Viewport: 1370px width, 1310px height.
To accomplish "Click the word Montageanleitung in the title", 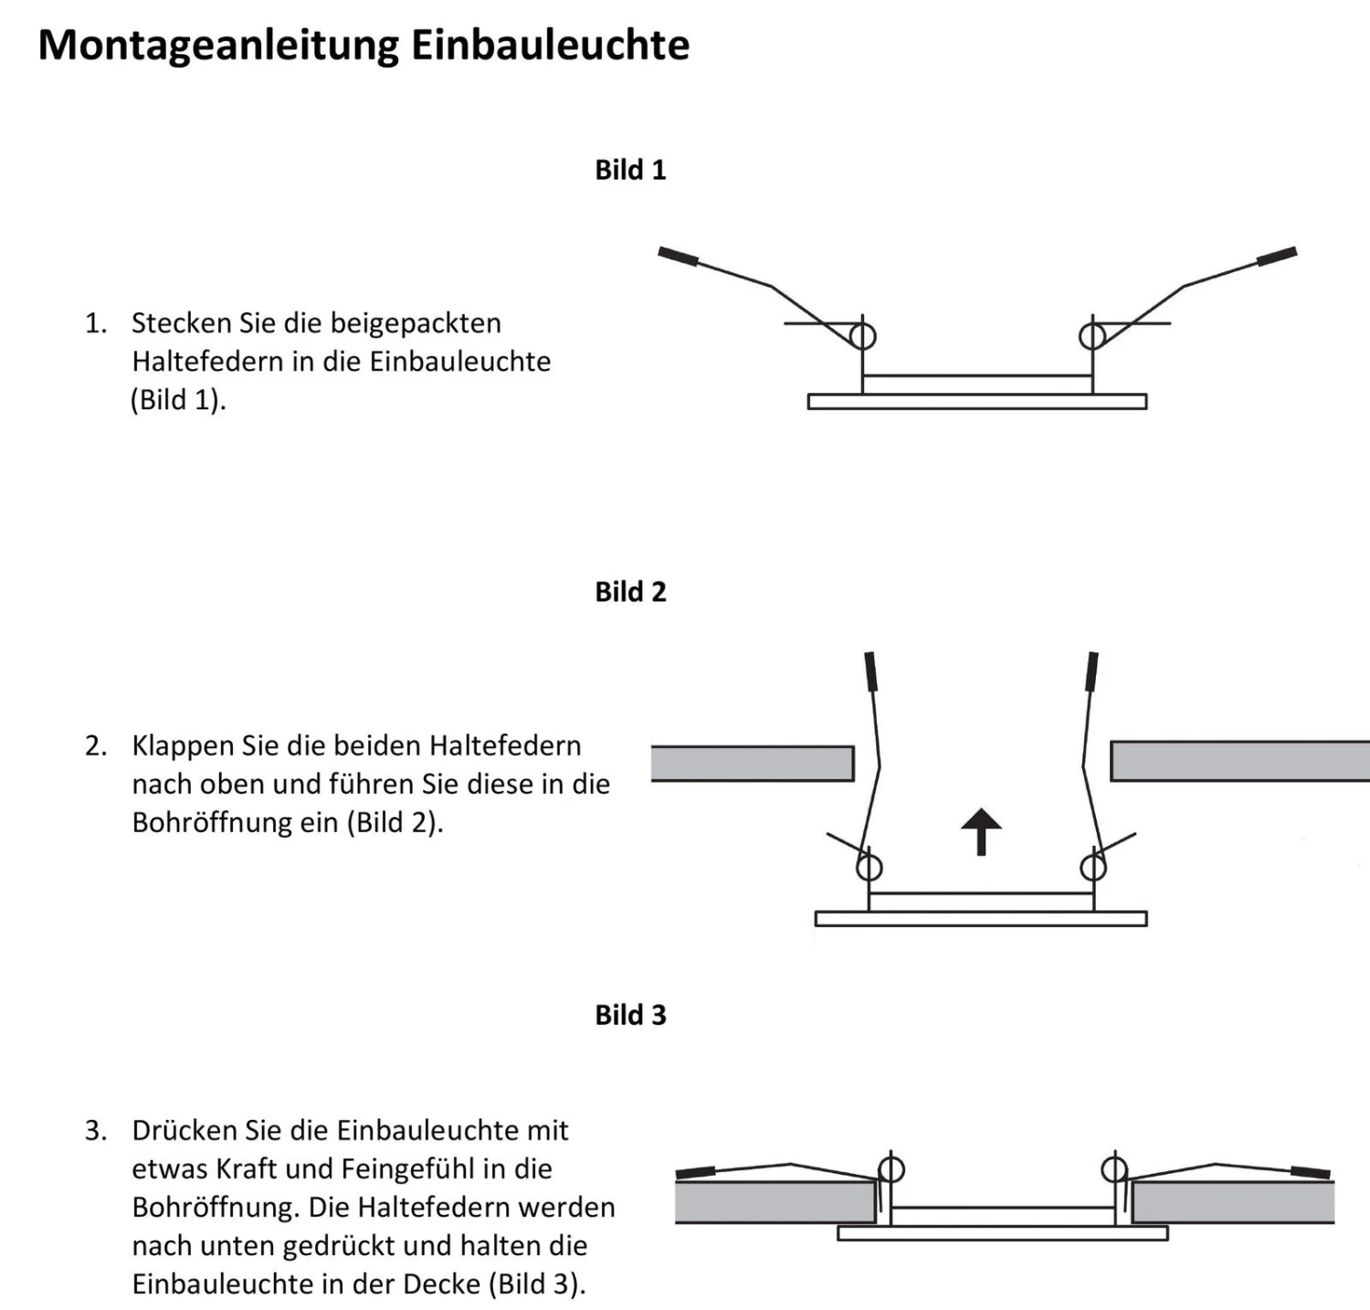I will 218,46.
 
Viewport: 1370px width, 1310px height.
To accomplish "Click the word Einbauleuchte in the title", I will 550,46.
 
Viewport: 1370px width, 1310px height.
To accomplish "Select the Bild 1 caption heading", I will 630,170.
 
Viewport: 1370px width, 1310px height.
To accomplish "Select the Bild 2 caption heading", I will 630,592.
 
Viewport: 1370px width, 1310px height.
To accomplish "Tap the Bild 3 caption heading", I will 630,1015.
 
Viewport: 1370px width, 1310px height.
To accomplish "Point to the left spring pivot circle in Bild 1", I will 863,336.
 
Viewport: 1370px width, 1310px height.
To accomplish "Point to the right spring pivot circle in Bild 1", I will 1091,336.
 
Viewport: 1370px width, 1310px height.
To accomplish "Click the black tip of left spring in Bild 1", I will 678,257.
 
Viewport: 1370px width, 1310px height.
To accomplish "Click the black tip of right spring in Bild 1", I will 1277,257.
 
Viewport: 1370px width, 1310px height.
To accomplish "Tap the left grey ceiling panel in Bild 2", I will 752,764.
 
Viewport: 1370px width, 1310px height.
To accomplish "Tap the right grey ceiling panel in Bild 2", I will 1239,762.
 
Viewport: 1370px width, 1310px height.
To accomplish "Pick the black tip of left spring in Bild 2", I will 871,671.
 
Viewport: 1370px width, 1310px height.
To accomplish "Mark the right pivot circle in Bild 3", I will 1114,1169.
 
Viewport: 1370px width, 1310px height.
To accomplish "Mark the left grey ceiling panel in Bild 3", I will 775,1202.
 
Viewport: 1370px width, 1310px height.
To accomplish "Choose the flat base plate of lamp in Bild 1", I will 976,402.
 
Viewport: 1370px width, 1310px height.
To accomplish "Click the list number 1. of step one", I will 96,323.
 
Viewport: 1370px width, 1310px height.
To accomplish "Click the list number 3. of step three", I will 96,1131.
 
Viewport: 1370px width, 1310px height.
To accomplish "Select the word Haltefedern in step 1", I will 207,362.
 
